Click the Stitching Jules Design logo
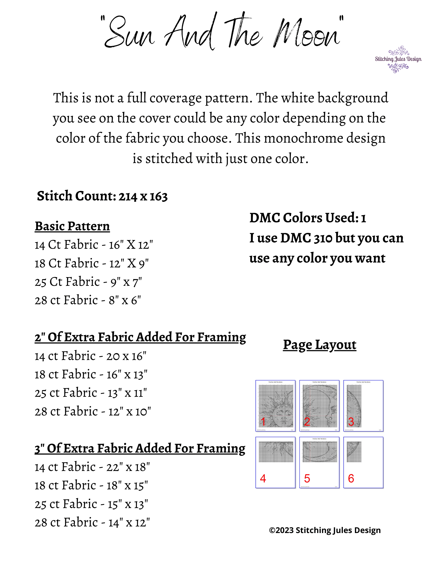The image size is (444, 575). coord(398,59)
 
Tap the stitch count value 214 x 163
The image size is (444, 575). coord(143,197)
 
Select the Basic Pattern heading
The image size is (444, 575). coord(72,226)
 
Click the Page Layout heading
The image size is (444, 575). coord(320,345)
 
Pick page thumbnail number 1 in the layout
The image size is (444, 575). coord(275,406)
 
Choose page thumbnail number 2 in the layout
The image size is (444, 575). coord(319,406)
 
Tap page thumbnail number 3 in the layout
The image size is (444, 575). coord(363,406)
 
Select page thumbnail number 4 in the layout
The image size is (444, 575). coord(275,462)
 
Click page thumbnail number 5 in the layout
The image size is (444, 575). coord(319,462)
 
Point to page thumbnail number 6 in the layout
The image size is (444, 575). coord(363,462)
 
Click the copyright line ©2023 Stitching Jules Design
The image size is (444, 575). coord(325,530)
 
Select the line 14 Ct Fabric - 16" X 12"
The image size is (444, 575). coord(94,245)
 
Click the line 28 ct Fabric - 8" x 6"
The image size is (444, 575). coord(88,300)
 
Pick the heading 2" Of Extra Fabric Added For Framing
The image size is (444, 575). coord(140,337)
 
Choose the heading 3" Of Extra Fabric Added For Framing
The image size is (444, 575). coord(140,448)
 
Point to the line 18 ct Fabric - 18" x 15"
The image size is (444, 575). coord(91,486)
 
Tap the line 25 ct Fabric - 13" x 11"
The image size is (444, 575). coord(91,393)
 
